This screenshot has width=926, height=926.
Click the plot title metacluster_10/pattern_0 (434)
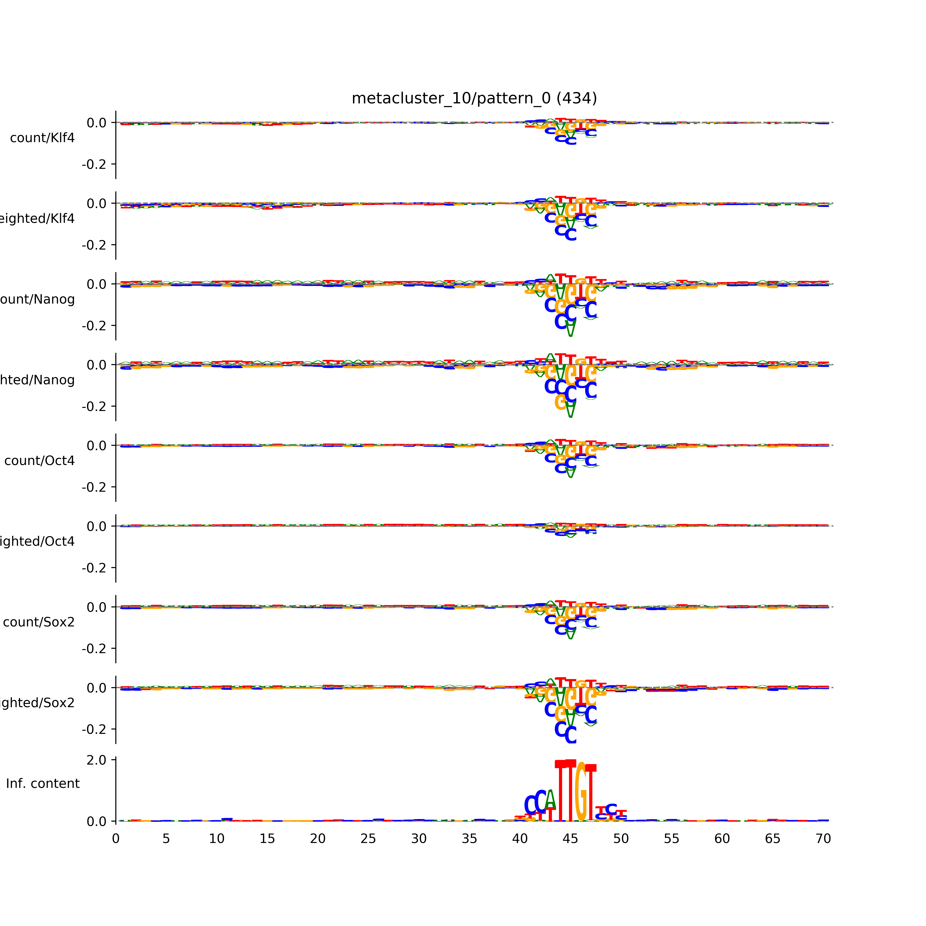[x=474, y=98]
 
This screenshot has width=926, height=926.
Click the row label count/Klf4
[x=42, y=138]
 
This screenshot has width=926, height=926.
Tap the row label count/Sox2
[x=39, y=622]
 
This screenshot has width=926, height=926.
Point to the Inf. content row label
[x=43, y=784]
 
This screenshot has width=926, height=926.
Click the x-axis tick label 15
[x=267, y=839]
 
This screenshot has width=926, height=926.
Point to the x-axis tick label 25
[x=368, y=839]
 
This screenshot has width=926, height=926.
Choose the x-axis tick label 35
[x=469, y=839]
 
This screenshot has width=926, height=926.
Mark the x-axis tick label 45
[x=570, y=839]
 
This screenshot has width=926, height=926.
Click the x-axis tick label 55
[x=672, y=839]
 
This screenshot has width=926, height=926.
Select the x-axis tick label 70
[x=823, y=839]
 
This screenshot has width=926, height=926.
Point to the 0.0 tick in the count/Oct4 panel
[x=96, y=446]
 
